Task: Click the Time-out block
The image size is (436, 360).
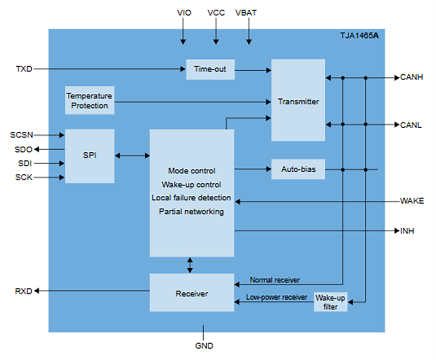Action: click(210, 69)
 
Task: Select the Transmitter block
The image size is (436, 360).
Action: click(298, 101)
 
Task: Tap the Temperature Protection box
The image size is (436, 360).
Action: click(90, 101)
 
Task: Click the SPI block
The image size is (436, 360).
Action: click(90, 155)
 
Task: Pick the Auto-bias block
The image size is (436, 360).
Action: click(298, 169)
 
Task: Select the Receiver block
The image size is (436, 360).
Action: click(191, 293)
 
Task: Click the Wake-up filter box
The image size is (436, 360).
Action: click(330, 302)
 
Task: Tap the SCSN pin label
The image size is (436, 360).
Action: click(22, 135)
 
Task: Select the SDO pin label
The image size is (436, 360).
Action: click(24, 149)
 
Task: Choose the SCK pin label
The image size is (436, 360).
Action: click(24, 177)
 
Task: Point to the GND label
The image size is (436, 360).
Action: click(204, 346)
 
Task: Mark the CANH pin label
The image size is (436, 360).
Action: click(412, 78)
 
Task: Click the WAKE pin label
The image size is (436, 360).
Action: click(412, 201)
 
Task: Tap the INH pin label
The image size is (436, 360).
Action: click(407, 231)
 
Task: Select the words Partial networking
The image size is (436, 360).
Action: click(191, 211)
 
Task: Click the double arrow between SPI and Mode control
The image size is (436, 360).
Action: click(132, 155)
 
